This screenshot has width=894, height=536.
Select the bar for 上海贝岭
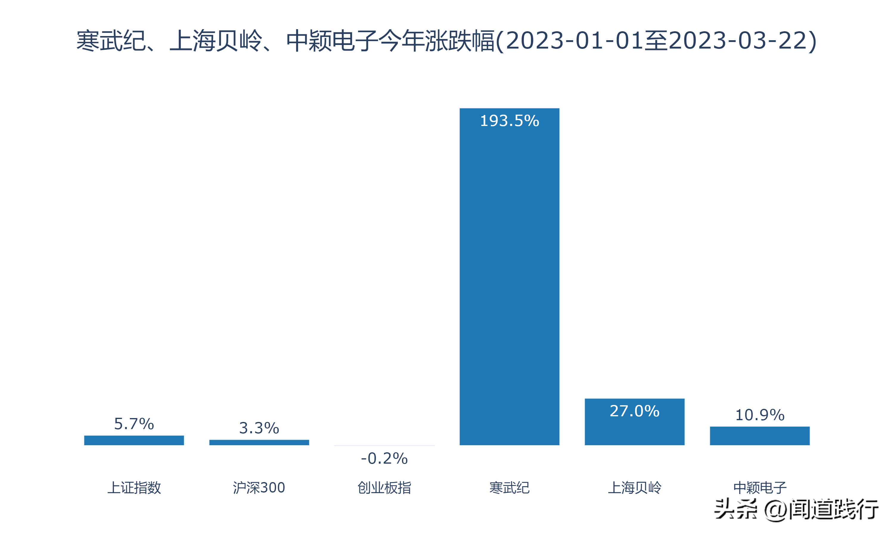634,426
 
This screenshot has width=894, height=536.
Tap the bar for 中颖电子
760,436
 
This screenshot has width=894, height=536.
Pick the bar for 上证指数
134,440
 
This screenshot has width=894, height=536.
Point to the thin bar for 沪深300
259,442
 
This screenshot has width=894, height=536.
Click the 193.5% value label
509,121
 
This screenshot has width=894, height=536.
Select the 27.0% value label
634,411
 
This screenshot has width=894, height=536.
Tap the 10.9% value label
760,415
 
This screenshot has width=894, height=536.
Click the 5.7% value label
134,424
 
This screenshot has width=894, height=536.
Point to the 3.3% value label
259,428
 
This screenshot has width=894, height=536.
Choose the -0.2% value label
384,458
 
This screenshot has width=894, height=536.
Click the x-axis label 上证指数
134,487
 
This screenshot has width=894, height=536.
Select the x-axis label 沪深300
259,487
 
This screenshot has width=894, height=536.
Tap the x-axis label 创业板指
384,487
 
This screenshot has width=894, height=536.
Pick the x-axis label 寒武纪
509,487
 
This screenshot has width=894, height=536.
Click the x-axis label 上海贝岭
634,487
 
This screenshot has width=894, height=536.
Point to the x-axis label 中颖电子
760,487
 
